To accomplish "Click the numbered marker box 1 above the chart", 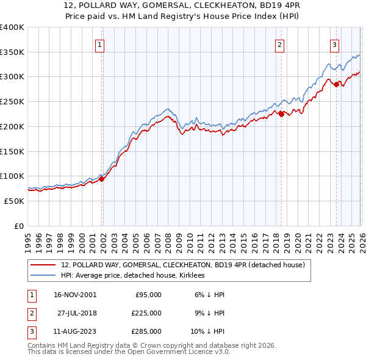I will pyautogui.click(x=99, y=44).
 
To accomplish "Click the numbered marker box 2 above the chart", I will pyautogui.click(x=279, y=44).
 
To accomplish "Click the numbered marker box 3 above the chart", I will pyautogui.click(x=335, y=44).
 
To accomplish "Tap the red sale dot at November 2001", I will pyautogui.click(x=102, y=179).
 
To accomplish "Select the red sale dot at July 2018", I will pyautogui.click(x=281, y=113).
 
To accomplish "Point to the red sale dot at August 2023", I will pyautogui.click(x=336, y=84).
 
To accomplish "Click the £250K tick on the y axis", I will pyautogui.click(x=12, y=101).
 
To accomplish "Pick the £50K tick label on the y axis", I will pyautogui.click(x=14, y=201).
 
